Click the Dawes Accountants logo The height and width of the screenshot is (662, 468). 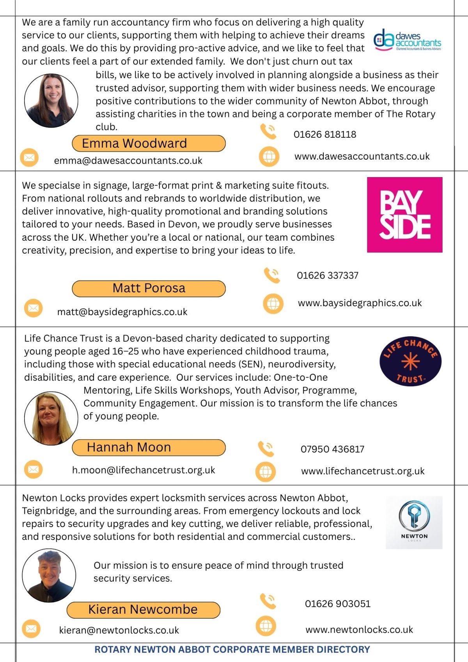tap(408, 41)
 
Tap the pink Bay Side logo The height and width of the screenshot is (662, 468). tap(405, 215)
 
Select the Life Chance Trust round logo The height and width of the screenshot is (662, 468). tap(410, 361)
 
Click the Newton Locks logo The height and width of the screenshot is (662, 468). tap(414, 522)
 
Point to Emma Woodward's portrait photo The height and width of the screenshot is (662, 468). tap(51, 101)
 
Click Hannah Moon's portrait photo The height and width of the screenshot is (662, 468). tap(51, 418)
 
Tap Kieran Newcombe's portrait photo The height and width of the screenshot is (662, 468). tap(49, 575)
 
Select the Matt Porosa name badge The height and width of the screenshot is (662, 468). tap(149, 288)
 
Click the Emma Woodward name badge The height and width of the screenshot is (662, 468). tap(149, 144)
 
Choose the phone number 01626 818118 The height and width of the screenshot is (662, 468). tap(325, 135)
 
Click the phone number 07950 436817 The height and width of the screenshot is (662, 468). tap(332, 449)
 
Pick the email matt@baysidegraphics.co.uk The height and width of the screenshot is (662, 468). tap(122, 312)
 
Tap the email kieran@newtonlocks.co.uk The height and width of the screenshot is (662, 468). tap(119, 630)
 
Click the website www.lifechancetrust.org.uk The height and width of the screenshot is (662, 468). tap(363, 471)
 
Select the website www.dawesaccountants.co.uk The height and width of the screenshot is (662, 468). tap(362, 156)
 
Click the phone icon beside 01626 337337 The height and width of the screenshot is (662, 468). tap(272, 275)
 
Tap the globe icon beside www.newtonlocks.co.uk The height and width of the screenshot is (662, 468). tap(266, 626)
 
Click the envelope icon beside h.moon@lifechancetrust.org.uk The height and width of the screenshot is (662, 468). tap(34, 469)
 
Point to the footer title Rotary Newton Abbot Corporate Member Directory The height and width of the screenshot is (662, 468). tap(232, 650)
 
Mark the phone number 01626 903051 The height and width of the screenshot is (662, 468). tap(338, 604)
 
